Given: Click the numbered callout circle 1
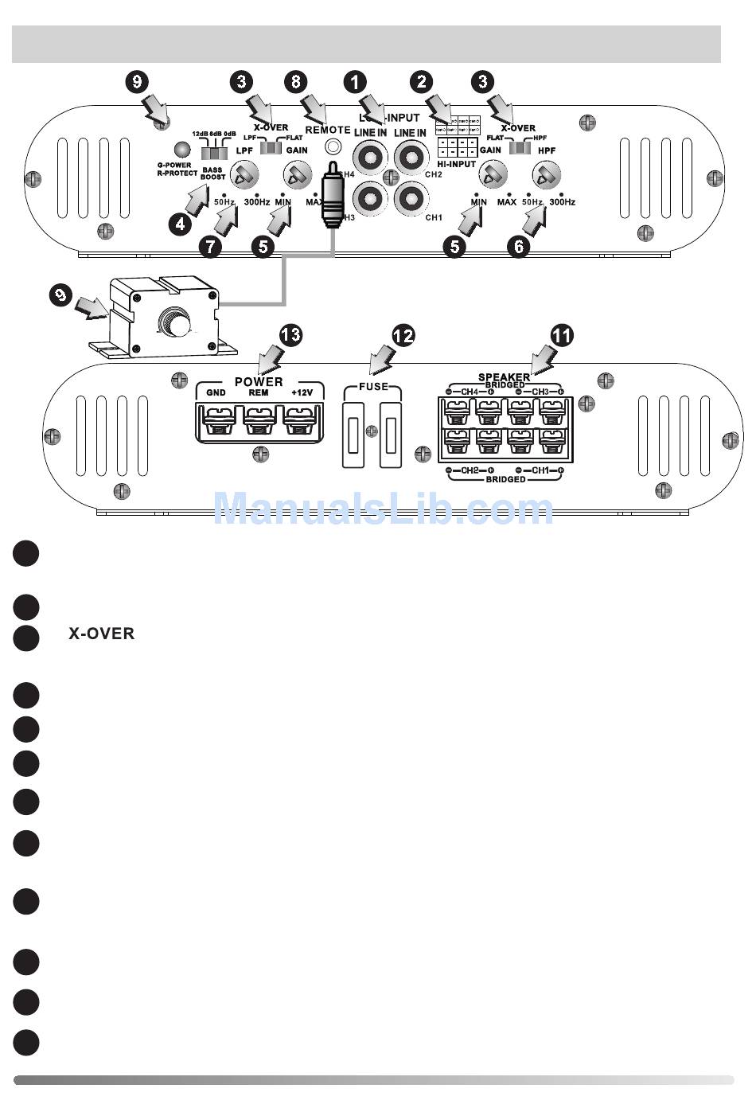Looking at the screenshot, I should [x=355, y=80].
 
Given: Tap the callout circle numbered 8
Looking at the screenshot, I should [x=296, y=80].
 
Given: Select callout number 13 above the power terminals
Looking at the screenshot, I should [x=290, y=334].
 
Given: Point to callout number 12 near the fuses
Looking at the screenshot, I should [x=403, y=335].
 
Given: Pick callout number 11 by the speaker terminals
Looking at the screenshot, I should [x=562, y=335].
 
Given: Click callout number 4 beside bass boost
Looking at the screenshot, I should [x=181, y=224].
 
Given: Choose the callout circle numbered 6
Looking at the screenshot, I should [x=518, y=246].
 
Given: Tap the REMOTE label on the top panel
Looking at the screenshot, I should [x=328, y=130].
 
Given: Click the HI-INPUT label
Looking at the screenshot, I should [x=457, y=164].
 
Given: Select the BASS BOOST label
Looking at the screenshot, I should [x=212, y=174].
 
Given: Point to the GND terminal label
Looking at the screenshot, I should [x=216, y=392].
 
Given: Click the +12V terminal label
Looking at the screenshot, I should [x=302, y=392].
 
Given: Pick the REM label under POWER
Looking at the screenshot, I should [x=259, y=392].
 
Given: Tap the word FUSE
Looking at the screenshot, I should [x=373, y=387].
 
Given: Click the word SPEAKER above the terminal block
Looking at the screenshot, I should [x=504, y=376].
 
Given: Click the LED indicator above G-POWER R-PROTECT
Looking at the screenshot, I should [x=182, y=150].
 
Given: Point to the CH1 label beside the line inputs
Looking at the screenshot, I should [x=434, y=217].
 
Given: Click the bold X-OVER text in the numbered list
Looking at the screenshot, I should [x=101, y=634].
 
